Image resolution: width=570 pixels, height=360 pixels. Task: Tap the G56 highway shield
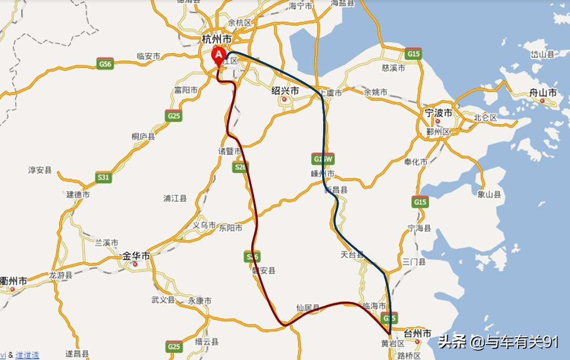[x=105, y=64]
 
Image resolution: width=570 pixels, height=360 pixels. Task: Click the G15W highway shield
[x=323, y=159]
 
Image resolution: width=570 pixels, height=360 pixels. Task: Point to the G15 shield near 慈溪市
[x=413, y=54]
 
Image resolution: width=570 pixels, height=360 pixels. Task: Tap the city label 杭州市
[x=216, y=38]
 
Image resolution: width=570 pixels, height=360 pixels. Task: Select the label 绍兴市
[x=285, y=91]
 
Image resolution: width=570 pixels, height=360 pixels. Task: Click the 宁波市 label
[x=438, y=113]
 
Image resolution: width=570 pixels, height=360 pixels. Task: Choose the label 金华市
[x=136, y=256]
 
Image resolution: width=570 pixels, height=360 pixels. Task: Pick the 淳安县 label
[x=40, y=170]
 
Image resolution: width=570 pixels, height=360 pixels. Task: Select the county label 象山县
[x=490, y=194]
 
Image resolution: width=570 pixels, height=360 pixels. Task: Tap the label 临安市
[x=148, y=56]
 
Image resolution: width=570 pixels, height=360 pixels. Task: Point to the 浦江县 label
[x=175, y=199]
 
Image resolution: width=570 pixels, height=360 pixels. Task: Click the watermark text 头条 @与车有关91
[x=498, y=342]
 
